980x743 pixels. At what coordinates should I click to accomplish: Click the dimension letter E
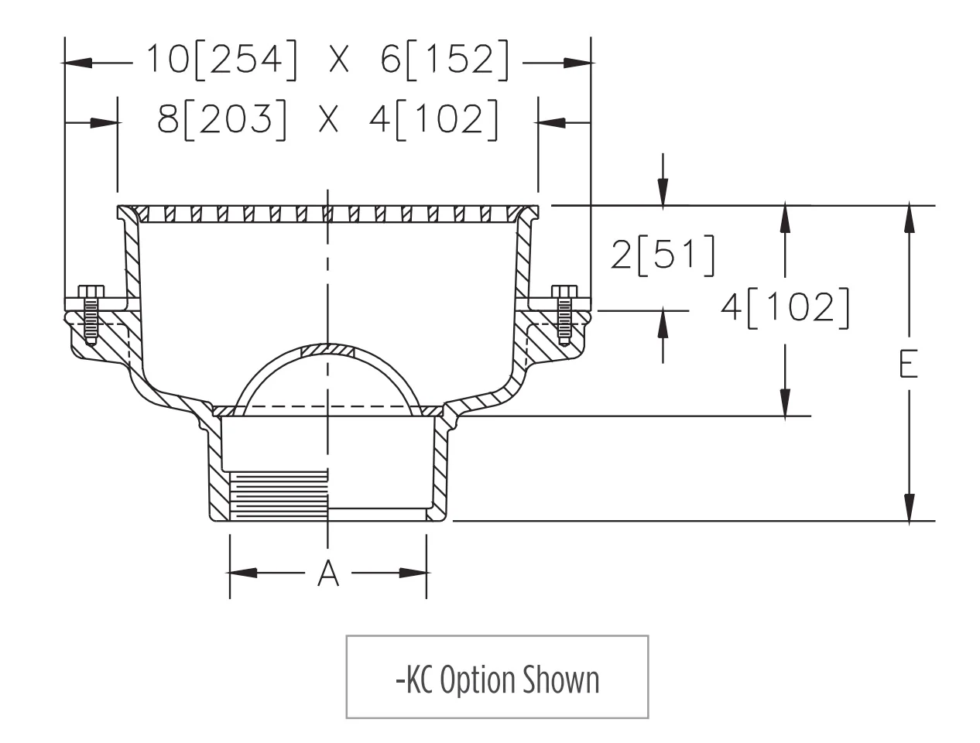click(x=908, y=364)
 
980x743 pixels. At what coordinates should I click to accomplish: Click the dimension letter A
click(x=327, y=573)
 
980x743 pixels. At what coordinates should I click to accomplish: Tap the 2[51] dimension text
click(x=662, y=255)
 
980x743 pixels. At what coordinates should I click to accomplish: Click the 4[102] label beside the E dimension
click(x=785, y=308)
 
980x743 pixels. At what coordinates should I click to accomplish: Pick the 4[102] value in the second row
click(x=433, y=120)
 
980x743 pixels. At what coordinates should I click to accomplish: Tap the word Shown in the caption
click(x=560, y=680)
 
